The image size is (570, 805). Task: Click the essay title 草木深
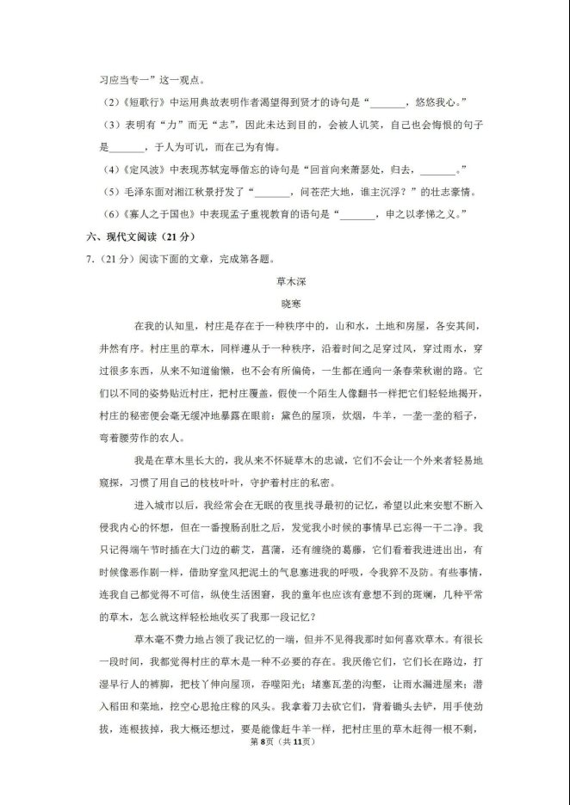point(284,281)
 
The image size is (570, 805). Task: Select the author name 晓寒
point(284,304)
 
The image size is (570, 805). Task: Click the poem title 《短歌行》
point(143,102)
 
